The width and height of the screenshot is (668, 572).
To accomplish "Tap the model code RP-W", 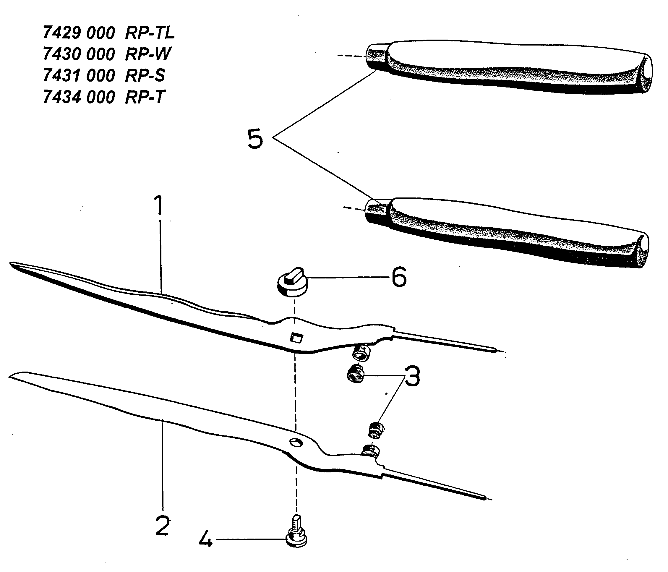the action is [x=148, y=54].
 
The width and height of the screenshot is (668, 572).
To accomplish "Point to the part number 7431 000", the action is [x=79, y=76].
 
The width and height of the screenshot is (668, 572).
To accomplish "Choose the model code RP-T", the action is [x=145, y=97].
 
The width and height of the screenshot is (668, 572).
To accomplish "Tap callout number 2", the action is [x=162, y=526].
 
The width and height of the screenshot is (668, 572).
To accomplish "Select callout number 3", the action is [x=412, y=376].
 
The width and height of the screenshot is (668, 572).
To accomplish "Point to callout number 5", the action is [x=255, y=139].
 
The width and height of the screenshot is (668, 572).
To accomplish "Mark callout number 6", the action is [x=399, y=277].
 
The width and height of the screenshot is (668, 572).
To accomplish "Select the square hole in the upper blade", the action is [x=296, y=338].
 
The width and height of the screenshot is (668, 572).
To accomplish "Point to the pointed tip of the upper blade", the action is [x=11, y=264].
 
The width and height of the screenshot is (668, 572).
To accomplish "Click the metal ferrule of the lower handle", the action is [x=377, y=211].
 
